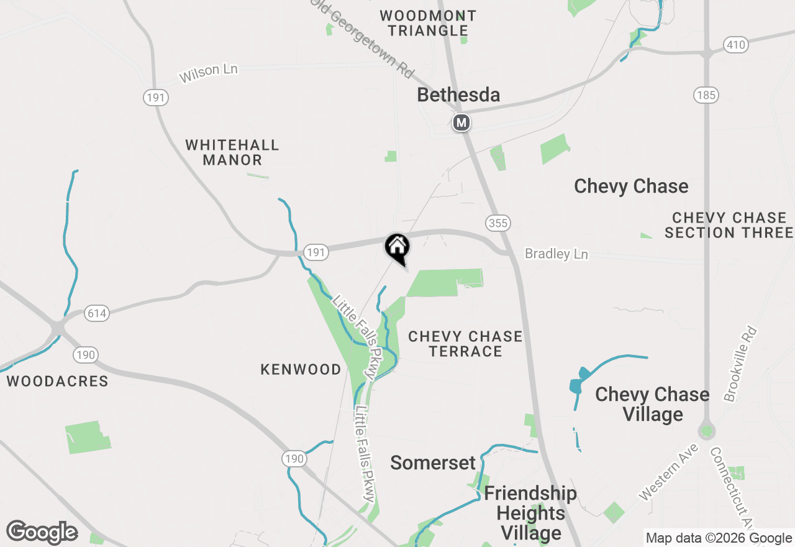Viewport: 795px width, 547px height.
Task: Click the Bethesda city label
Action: click(458, 95)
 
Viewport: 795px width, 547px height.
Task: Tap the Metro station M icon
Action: click(461, 123)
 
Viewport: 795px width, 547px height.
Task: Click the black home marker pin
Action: click(397, 247)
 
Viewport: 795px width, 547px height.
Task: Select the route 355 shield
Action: click(498, 223)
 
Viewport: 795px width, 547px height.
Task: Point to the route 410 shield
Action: click(735, 45)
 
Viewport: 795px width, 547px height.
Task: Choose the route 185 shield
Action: click(707, 95)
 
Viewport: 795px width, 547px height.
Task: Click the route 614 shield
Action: click(97, 313)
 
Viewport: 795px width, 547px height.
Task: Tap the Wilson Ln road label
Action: click(209, 73)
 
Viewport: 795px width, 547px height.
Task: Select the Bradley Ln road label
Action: click(556, 254)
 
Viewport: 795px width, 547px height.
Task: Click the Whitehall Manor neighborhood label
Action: click(232, 152)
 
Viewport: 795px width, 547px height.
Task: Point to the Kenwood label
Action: click(301, 369)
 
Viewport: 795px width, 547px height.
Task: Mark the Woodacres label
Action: click(58, 381)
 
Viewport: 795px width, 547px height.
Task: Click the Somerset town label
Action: click(433, 462)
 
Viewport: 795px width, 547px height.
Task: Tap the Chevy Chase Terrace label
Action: click(465, 344)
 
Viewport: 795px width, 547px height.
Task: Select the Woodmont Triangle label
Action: click(428, 23)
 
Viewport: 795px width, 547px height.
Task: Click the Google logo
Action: click(42, 533)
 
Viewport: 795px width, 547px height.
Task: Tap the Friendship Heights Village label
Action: click(530, 513)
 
